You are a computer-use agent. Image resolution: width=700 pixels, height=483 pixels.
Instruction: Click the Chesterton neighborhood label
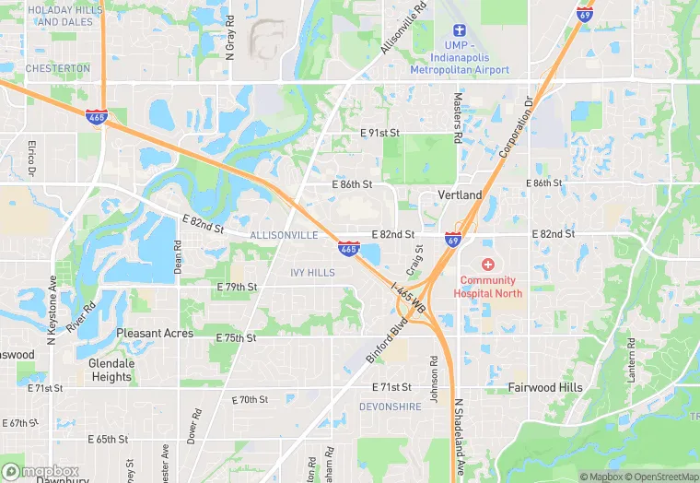58,68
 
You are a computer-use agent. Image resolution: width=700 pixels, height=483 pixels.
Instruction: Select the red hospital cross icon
488,265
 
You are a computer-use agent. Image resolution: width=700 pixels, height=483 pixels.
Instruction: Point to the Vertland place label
460,195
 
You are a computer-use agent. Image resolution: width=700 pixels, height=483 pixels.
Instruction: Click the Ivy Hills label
312,273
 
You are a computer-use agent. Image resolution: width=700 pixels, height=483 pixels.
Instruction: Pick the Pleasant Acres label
155,333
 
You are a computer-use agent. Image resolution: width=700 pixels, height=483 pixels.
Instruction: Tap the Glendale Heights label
111,370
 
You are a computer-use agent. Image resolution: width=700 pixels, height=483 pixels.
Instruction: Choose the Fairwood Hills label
545,388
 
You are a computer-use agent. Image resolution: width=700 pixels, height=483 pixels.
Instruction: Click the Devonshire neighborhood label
390,406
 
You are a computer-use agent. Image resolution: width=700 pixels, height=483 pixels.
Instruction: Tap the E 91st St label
379,134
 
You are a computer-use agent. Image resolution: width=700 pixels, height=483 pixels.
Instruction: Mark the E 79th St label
237,288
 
